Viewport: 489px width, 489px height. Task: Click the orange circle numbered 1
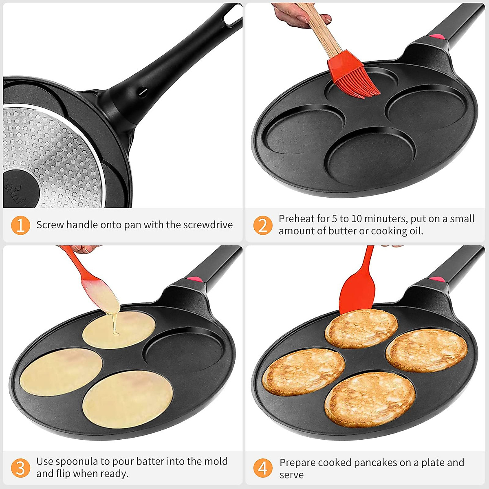tap(20, 225)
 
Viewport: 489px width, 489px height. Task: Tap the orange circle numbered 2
tap(263, 225)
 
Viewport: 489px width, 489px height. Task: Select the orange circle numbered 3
tap(20, 468)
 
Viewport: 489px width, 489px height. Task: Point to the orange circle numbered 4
tap(263, 468)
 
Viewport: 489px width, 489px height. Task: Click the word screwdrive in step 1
tap(208, 225)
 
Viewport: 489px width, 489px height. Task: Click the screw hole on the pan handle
tap(142, 92)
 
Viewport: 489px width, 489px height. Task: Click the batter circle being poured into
tap(119, 329)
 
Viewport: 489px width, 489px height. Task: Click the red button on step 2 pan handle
tap(437, 36)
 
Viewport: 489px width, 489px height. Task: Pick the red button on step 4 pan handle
tap(437, 280)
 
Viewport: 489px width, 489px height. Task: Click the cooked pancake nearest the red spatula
tap(361, 328)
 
